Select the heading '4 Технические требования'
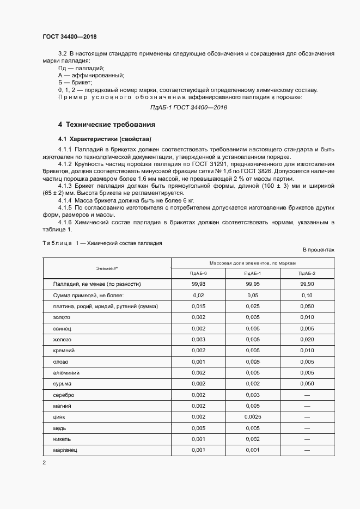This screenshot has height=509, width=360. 107,124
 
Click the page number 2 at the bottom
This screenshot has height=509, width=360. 44,463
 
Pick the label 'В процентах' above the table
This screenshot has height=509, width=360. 319,250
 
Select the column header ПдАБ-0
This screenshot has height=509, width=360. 198,273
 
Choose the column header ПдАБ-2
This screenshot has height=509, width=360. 307,273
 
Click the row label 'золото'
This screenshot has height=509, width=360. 62,317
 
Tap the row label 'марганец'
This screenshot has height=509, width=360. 65,450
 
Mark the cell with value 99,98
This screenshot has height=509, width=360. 198,284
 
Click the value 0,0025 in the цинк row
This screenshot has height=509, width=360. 253,417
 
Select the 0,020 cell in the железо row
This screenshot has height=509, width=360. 307,339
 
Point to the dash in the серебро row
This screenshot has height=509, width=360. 307,395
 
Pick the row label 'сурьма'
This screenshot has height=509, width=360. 62,384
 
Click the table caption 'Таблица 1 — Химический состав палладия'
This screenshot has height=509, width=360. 102,243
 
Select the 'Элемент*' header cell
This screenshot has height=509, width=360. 107,268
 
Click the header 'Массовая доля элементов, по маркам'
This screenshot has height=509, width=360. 253,262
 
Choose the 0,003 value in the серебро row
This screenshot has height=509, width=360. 253,395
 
